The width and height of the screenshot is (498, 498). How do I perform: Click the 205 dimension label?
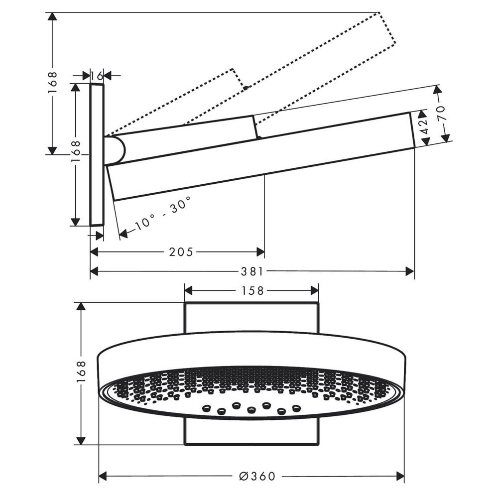[x=181, y=252]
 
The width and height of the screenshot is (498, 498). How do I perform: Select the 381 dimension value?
[x=252, y=271]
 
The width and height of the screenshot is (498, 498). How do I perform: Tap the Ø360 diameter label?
[x=257, y=477]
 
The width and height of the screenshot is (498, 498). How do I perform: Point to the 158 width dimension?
[x=252, y=291]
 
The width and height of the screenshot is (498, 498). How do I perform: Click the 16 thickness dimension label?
[x=97, y=76]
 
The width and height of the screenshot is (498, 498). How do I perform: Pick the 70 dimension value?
[x=442, y=113]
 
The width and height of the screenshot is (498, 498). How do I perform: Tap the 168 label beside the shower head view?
[x=81, y=372]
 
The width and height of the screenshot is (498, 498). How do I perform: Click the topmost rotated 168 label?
[x=52, y=83]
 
